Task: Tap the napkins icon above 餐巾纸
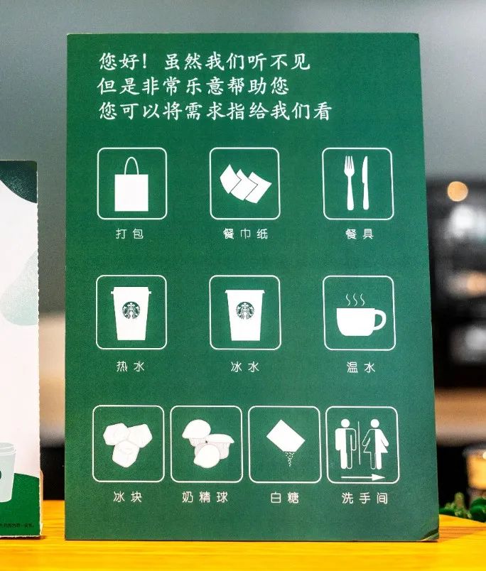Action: pyautogui.click(x=245, y=183)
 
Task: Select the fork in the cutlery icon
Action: pyautogui.click(x=350, y=183)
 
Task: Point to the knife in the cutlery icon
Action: pyautogui.click(x=365, y=183)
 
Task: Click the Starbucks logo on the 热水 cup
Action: pyautogui.click(x=131, y=310)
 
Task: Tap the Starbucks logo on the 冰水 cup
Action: pyautogui.click(x=245, y=310)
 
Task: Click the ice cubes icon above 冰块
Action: pyautogui.click(x=127, y=443)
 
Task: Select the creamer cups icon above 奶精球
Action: pyautogui.click(x=207, y=443)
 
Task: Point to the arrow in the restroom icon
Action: pyautogui.click(x=363, y=477)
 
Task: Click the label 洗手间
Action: pyautogui.click(x=364, y=498)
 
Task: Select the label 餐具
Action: pyautogui.click(x=360, y=234)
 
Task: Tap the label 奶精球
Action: pyautogui.click(x=205, y=497)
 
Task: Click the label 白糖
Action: pyautogui.click(x=284, y=497)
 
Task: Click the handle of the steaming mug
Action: pyautogui.click(x=379, y=320)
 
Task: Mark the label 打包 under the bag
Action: pyautogui.click(x=130, y=233)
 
